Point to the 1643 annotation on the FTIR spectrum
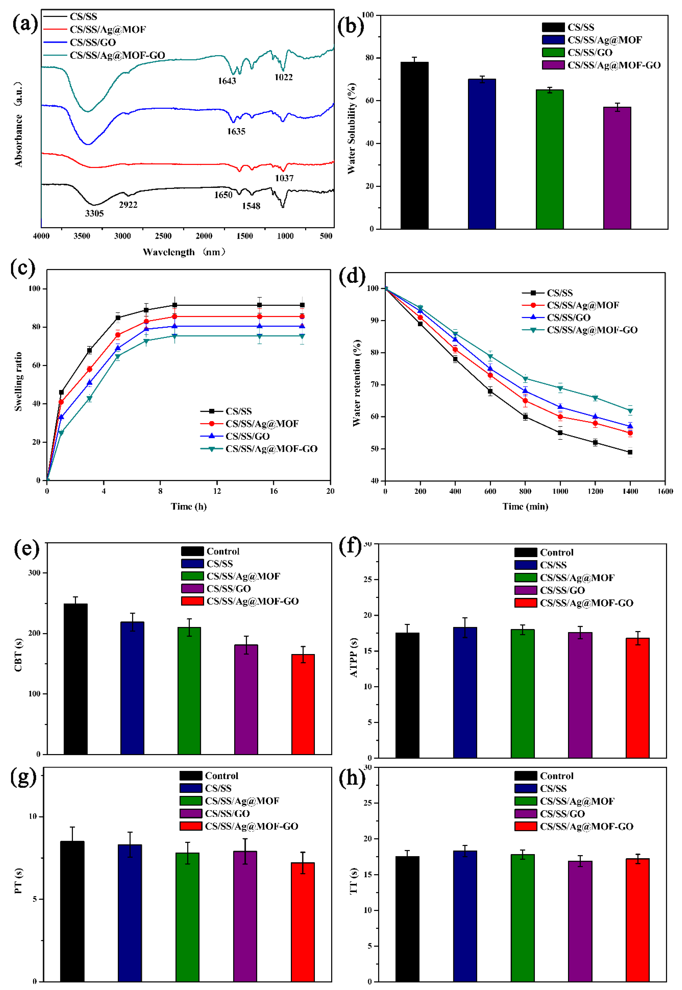coord(227,81)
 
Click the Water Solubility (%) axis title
coord(351,128)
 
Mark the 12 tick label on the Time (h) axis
coord(217,491)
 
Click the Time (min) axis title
coord(525,507)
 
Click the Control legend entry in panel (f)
coord(556,553)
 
